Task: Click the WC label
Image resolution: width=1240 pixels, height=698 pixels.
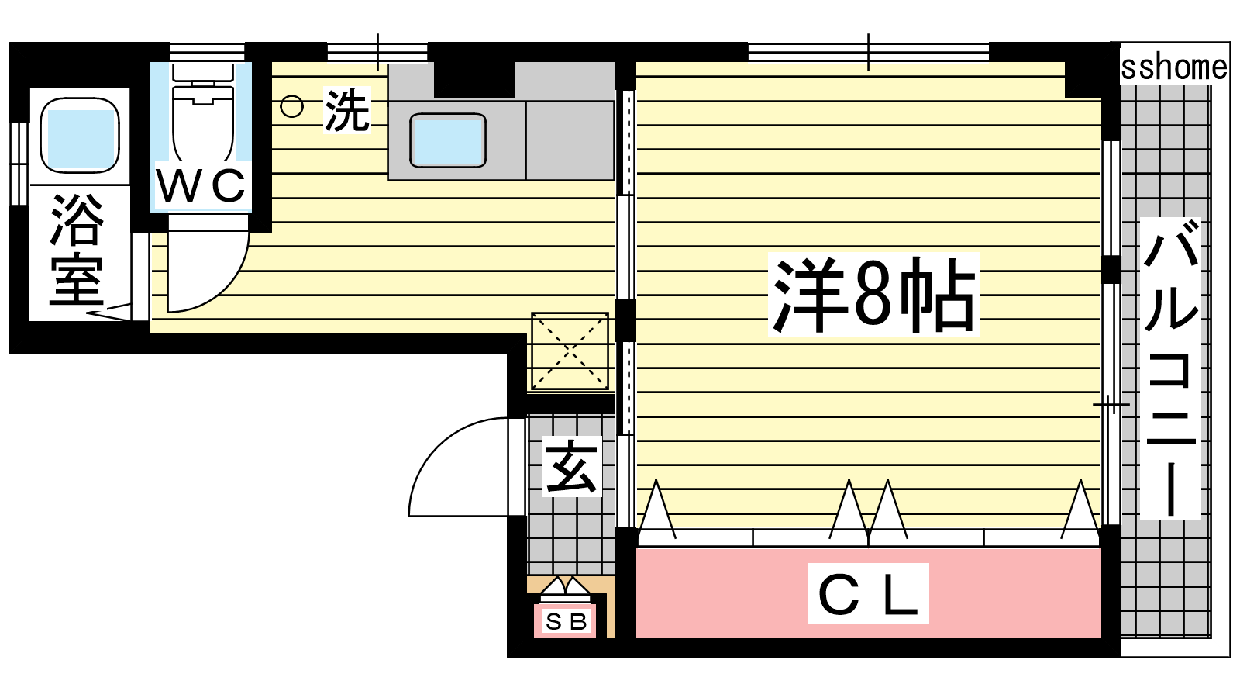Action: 201,185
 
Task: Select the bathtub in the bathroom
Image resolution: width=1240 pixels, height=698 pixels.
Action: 80,136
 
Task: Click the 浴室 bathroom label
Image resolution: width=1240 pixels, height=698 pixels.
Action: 77,250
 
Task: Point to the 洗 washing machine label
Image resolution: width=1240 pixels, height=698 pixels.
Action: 347,111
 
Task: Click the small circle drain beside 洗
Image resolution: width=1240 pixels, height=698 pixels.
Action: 291,106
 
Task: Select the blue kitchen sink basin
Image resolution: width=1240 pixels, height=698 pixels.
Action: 448,140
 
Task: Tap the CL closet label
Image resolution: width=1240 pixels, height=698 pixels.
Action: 868,593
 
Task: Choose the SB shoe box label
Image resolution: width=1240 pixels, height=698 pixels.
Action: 566,622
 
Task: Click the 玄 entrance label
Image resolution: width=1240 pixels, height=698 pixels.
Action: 571,466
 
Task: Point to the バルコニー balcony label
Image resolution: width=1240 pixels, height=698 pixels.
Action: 1169,368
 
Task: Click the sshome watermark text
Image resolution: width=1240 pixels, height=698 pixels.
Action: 1173,67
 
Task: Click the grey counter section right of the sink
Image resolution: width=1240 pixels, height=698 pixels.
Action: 570,140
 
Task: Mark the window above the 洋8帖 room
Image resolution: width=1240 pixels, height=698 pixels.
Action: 869,52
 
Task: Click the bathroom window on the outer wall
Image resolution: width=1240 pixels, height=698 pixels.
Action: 19,164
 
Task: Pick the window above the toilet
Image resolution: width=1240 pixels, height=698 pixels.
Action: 208,52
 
